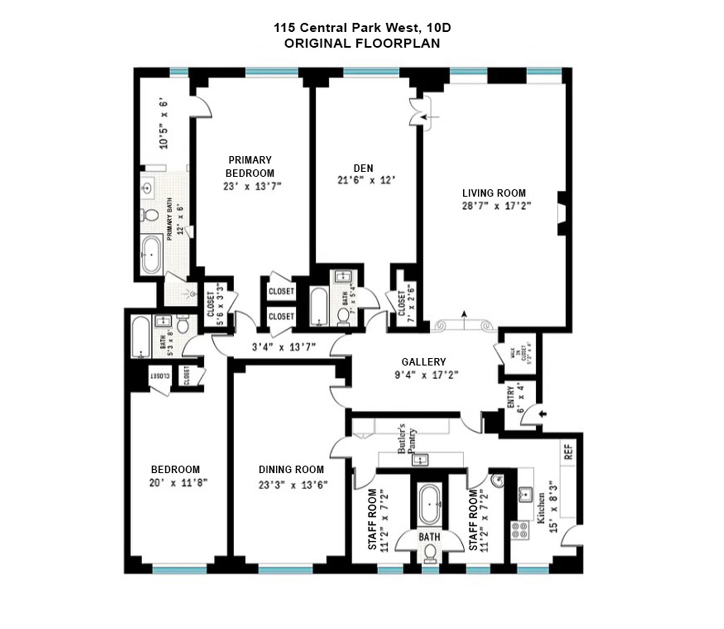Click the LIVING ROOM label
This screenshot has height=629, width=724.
[494, 193]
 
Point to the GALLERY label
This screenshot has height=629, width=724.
[424, 362]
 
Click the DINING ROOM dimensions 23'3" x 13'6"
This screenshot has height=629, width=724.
[293, 485]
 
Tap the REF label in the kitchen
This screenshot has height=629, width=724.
[568, 453]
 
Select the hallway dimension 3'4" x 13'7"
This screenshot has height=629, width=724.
[284, 348]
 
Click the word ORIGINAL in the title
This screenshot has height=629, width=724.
[318, 43]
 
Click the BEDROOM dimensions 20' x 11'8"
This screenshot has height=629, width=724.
[178, 483]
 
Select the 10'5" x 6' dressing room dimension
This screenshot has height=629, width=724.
[164, 125]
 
